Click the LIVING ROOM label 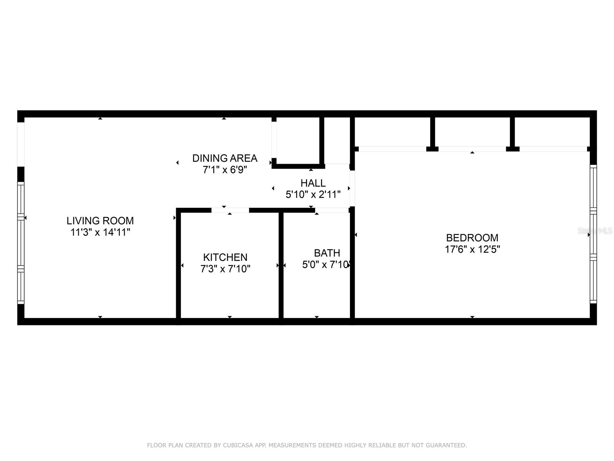(x=100, y=221)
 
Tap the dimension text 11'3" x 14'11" (x=100, y=232)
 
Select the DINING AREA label (x=224, y=158)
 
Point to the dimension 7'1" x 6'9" (x=224, y=170)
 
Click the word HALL (x=313, y=183)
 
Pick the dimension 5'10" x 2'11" (x=313, y=195)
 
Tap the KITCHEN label (x=225, y=257)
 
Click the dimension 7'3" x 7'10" (x=225, y=269)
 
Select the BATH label (x=327, y=253)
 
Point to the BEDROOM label (x=472, y=238)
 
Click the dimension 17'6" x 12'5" (x=472, y=249)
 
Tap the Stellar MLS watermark (x=595, y=231)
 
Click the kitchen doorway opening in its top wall (x=230, y=210)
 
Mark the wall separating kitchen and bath (x=281, y=265)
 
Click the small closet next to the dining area (x=297, y=141)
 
